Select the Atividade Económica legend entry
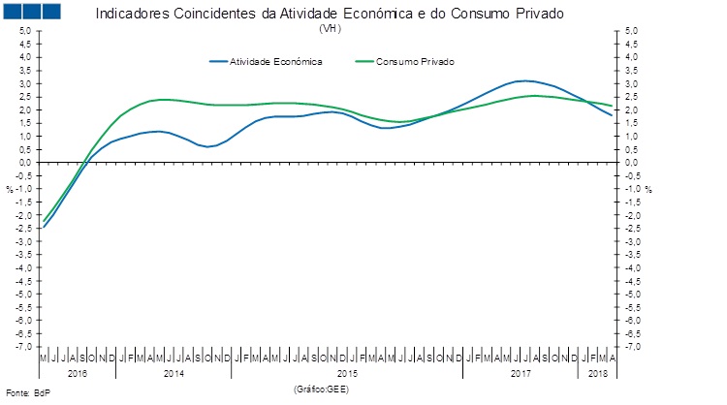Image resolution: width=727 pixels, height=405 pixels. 275,61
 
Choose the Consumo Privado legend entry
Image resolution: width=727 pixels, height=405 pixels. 414,61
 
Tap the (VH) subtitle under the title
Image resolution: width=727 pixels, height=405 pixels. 330,29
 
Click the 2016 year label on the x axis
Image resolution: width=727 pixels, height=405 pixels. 78,373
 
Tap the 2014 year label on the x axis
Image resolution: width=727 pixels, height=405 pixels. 174,373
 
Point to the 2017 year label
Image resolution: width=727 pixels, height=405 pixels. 522,373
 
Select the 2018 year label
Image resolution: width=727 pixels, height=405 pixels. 597,373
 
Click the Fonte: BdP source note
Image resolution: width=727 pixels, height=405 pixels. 26,392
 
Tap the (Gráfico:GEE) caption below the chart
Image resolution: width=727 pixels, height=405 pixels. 320,389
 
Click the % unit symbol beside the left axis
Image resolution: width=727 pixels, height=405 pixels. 10,189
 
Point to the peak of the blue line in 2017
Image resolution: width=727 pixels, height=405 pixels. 524,80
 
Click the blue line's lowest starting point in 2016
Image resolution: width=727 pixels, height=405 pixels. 44,228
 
